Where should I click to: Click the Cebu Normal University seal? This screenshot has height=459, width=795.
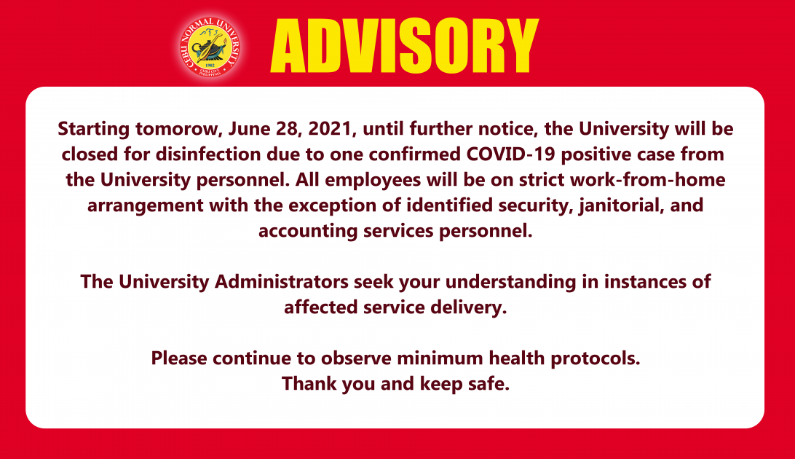(x=210, y=47)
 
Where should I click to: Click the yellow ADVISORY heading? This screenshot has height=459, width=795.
(x=404, y=47)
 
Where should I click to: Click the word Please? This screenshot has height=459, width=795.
(x=180, y=358)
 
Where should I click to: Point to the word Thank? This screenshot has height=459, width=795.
(x=309, y=384)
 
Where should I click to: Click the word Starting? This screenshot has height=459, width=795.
(x=94, y=129)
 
